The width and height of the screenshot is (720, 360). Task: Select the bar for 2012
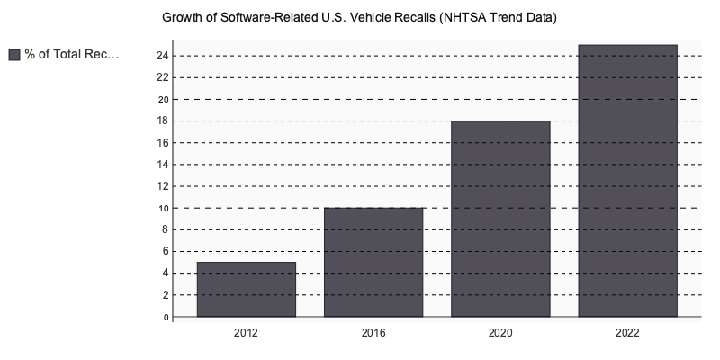click(x=247, y=289)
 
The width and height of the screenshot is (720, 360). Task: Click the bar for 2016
click(x=373, y=262)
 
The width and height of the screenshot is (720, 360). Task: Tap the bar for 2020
click(x=500, y=219)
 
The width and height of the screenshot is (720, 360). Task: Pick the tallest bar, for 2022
click(x=627, y=180)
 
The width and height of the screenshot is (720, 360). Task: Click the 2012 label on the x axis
click(x=247, y=334)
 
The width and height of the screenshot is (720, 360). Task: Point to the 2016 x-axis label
click(x=373, y=334)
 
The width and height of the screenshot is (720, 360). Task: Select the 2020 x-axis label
click(x=500, y=334)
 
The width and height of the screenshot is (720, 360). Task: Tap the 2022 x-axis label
click(x=627, y=334)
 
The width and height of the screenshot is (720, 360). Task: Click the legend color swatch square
click(x=14, y=55)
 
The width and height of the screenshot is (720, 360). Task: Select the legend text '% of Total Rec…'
click(x=71, y=55)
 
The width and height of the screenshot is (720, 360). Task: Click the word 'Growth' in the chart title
click(x=183, y=18)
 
